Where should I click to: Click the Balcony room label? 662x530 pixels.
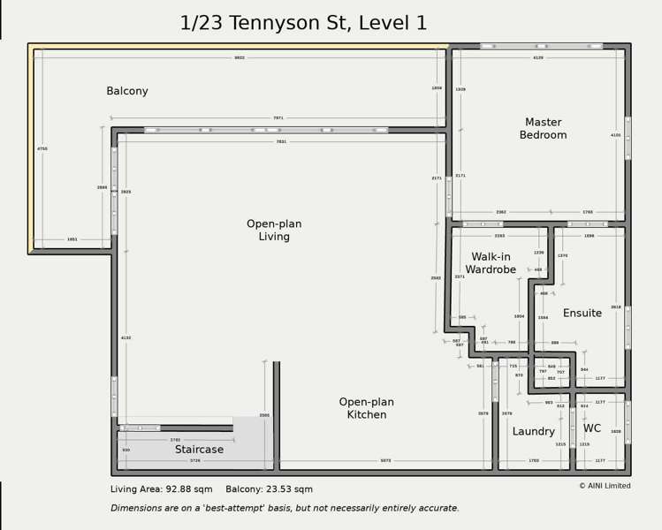[127, 91]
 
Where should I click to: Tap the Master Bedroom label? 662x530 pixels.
[543, 129]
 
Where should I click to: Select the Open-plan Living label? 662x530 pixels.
[274, 231]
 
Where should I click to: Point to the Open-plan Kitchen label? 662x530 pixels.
[367, 408]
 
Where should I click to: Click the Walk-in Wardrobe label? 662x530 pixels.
[491, 263]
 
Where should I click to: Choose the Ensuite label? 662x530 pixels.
[582, 313]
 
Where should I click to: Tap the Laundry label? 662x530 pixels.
[534, 432]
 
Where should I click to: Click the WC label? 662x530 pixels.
[592, 428]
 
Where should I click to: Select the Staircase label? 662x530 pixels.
[199, 450]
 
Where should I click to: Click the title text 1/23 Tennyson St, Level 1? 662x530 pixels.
[303, 23]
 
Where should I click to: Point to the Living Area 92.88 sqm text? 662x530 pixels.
[162, 489]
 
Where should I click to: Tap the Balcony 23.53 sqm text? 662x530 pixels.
[269, 489]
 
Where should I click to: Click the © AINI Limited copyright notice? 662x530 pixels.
[605, 486]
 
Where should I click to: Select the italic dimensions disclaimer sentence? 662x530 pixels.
[285, 508]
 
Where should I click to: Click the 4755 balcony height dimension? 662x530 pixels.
[42, 148]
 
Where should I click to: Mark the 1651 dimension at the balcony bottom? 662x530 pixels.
[72, 239]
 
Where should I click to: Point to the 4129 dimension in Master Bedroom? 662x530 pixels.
[538, 57]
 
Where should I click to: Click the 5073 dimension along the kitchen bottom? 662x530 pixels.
[385, 460]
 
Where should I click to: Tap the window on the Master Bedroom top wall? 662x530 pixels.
[541, 46]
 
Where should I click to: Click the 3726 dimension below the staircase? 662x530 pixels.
[194, 460]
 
